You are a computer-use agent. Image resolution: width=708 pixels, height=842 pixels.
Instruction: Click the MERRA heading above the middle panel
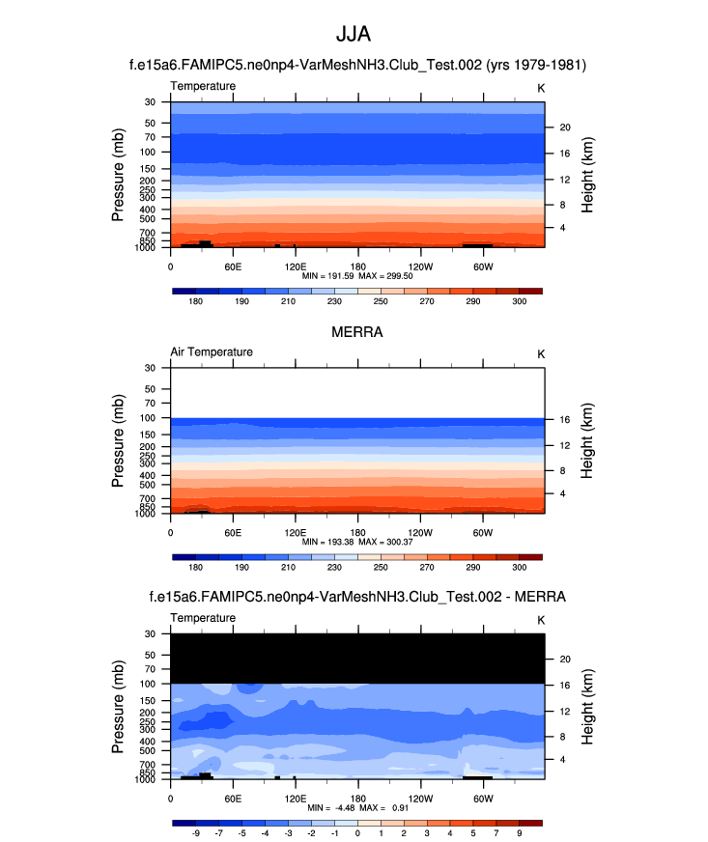point(357,332)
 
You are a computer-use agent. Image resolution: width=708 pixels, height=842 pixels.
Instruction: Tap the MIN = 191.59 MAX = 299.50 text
point(357,276)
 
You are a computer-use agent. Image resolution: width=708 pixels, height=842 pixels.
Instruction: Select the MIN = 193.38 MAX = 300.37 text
point(357,543)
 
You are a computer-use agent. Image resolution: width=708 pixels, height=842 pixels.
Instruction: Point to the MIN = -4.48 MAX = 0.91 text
point(357,807)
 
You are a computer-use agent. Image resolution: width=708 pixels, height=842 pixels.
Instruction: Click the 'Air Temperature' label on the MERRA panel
point(212,352)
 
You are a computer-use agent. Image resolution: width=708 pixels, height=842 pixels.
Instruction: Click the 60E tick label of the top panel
point(233,267)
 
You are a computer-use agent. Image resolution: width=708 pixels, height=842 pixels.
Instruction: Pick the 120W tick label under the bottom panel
point(420,799)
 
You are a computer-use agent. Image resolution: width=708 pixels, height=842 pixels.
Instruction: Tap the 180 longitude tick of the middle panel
point(357,532)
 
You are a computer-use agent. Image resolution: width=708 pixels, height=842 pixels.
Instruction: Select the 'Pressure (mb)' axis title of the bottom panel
point(119,706)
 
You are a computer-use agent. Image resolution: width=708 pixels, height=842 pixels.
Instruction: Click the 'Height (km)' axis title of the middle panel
point(587,441)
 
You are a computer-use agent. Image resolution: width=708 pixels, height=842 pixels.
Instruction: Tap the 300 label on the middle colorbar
point(520,568)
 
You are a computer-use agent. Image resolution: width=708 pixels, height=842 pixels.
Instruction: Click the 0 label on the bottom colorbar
point(357,832)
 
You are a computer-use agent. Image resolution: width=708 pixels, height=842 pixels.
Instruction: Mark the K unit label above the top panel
point(541,87)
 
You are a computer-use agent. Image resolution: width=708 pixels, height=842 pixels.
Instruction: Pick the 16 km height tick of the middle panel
point(561,419)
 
